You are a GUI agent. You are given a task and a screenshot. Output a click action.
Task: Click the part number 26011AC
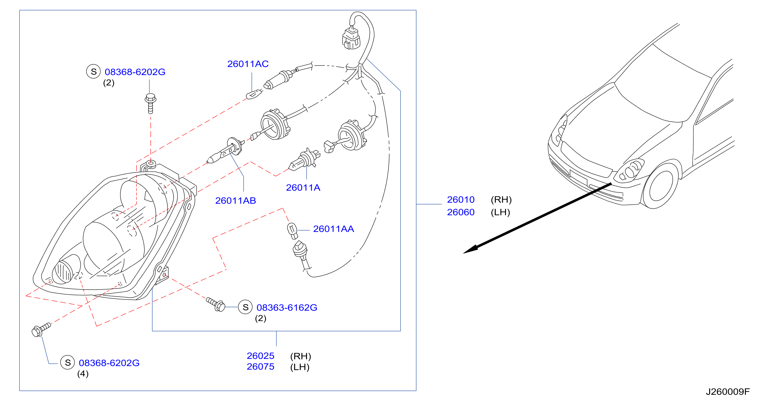coord(248,64)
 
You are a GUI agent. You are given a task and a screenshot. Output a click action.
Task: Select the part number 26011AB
coord(235,201)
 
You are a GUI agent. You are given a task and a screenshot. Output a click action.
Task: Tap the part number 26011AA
coord(333,229)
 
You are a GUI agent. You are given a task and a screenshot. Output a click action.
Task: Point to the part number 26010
coord(461,200)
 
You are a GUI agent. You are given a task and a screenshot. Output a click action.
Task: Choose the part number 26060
coord(461,212)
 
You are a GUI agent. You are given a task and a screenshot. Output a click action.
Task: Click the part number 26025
coord(260,356)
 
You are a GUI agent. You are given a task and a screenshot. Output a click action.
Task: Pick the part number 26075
coord(260,367)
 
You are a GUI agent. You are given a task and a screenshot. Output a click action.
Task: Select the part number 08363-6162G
coord(287,308)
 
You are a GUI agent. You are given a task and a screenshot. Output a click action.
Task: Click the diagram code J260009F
coord(728,392)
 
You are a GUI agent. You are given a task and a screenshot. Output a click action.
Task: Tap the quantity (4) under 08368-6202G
coord(83,374)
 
